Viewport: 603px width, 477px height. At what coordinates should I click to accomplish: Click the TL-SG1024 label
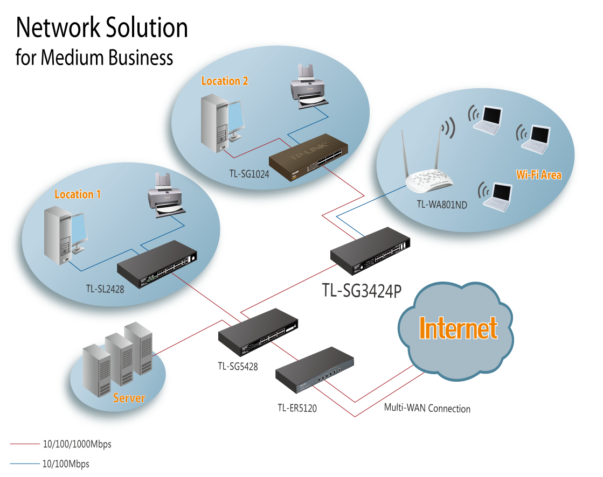click(x=248, y=174)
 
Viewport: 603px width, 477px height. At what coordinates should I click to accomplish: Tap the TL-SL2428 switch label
click(x=105, y=289)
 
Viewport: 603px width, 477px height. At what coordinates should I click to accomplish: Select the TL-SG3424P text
click(x=362, y=291)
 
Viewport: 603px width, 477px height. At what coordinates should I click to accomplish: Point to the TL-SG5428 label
click(x=238, y=367)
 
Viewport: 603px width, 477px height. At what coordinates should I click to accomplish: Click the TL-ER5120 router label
click(x=297, y=408)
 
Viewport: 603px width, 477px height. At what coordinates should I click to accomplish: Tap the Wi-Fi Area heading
click(x=538, y=175)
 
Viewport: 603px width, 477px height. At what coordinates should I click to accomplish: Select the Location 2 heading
click(x=225, y=81)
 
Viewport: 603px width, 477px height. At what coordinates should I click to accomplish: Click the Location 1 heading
click(x=78, y=194)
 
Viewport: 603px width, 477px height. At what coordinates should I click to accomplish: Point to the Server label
click(x=129, y=398)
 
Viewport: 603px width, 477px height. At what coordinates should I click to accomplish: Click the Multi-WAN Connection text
click(x=427, y=408)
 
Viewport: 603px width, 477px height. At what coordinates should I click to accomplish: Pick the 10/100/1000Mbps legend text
click(x=77, y=445)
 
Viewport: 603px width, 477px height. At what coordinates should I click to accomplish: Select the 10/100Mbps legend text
click(x=66, y=464)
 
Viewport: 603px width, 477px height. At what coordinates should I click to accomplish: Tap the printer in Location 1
click(x=166, y=195)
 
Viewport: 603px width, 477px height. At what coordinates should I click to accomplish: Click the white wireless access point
click(x=429, y=180)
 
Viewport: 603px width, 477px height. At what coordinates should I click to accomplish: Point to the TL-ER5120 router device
click(x=315, y=370)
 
